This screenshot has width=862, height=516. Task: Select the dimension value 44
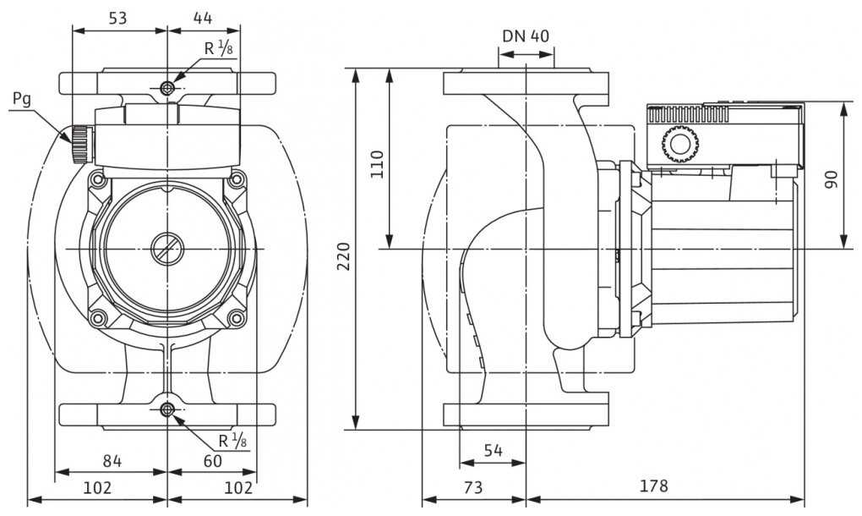point(202,17)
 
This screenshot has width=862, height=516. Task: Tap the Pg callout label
point(22,99)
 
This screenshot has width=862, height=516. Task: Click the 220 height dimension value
point(343,255)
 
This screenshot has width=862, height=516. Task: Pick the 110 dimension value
point(377,162)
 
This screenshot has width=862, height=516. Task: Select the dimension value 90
point(832,178)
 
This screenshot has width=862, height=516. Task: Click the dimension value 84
point(112,461)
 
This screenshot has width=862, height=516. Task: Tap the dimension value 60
point(212,461)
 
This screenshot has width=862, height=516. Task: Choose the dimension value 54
point(493,451)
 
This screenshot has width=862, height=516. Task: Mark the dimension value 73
point(473,486)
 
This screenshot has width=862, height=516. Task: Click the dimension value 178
point(653,486)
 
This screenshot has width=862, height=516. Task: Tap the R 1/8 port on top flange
point(167,89)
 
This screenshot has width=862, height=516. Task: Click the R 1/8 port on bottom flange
point(167,411)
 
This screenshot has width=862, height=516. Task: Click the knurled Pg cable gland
point(79,145)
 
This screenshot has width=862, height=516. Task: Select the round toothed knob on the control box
point(679,144)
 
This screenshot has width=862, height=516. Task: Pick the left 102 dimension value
point(98,488)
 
